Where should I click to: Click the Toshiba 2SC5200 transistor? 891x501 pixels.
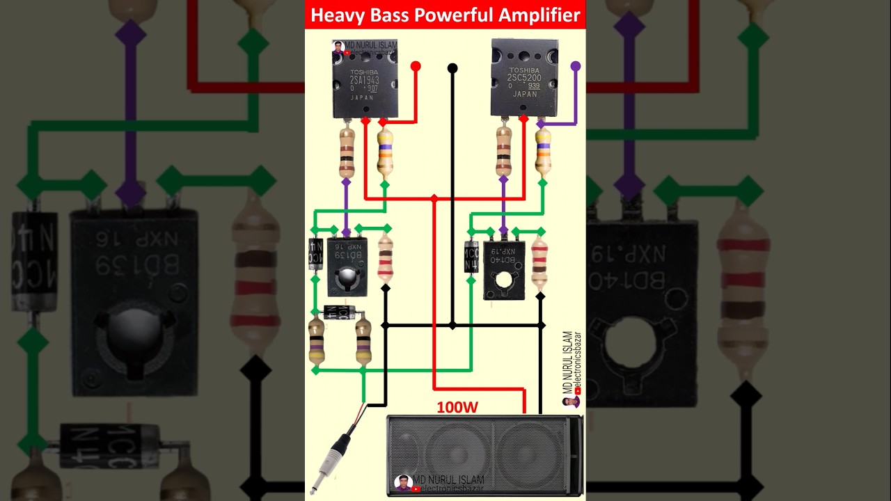point(523,78)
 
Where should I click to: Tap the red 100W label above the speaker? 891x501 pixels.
point(457,407)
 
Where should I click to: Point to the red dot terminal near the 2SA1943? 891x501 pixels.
point(416,66)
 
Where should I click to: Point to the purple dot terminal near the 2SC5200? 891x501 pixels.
point(575,66)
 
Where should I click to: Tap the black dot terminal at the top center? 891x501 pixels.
point(452,68)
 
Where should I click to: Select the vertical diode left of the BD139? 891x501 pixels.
point(315,254)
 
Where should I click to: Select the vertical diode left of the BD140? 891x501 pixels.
point(471,257)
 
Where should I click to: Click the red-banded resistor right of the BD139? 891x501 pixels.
point(385,258)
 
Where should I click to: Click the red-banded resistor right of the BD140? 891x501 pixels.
point(539,262)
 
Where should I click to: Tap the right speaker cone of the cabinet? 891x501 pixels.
point(529,456)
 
